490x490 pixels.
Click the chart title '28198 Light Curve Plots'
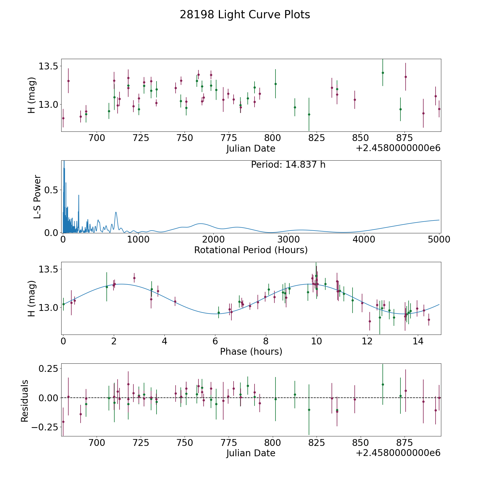point(245,15)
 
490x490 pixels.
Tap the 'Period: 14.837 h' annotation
point(288,165)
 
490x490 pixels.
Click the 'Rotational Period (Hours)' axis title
point(251,250)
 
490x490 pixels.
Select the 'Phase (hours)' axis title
point(251,351)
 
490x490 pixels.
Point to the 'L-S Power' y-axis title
point(38,197)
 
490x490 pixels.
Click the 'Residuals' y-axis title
point(25,401)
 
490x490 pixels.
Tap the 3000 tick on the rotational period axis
point(289,240)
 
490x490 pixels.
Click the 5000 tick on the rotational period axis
point(439,240)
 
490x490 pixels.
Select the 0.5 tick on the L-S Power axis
point(51,190)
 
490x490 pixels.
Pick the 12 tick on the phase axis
point(367,341)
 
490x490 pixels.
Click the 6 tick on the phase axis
point(215,341)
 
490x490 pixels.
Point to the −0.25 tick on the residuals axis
point(45,427)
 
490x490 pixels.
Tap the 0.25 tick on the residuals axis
point(49,369)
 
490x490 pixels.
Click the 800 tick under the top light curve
point(272,138)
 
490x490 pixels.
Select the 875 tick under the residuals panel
point(404,443)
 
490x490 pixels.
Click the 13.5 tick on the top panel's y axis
point(48,66)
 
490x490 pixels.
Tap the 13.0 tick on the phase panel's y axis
point(48,308)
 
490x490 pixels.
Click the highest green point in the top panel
point(383,73)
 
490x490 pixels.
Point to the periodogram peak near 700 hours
point(116,212)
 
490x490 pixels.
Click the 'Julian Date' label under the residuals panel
point(251,453)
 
